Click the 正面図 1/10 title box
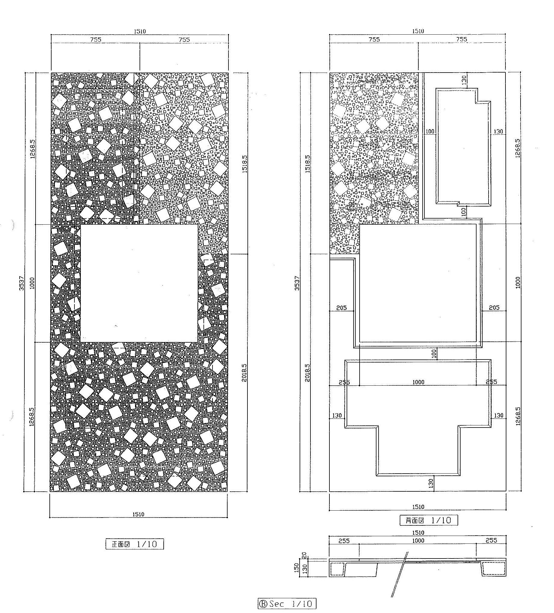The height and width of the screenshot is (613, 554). pyautogui.click(x=134, y=544)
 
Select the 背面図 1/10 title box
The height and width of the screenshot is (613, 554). pyautogui.click(x=429, y=520)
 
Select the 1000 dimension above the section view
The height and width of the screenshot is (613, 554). pyautogui.click(x=418, y=541)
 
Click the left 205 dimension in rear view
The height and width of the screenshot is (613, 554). pyautogui.click(x=342, y=308)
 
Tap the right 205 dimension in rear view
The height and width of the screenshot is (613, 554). pyautogui.click(x=494, y=308)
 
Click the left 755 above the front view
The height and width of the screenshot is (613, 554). pyautogui.click(x=95, y=39)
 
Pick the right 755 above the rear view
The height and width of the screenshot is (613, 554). pyautogui.click(x=462, y=39)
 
